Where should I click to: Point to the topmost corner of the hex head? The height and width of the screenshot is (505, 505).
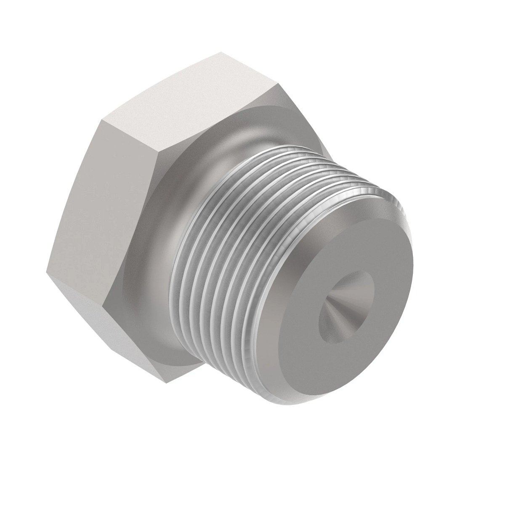[x=222, y=53]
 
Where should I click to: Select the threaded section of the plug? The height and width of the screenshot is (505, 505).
[x=236, y=236]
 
